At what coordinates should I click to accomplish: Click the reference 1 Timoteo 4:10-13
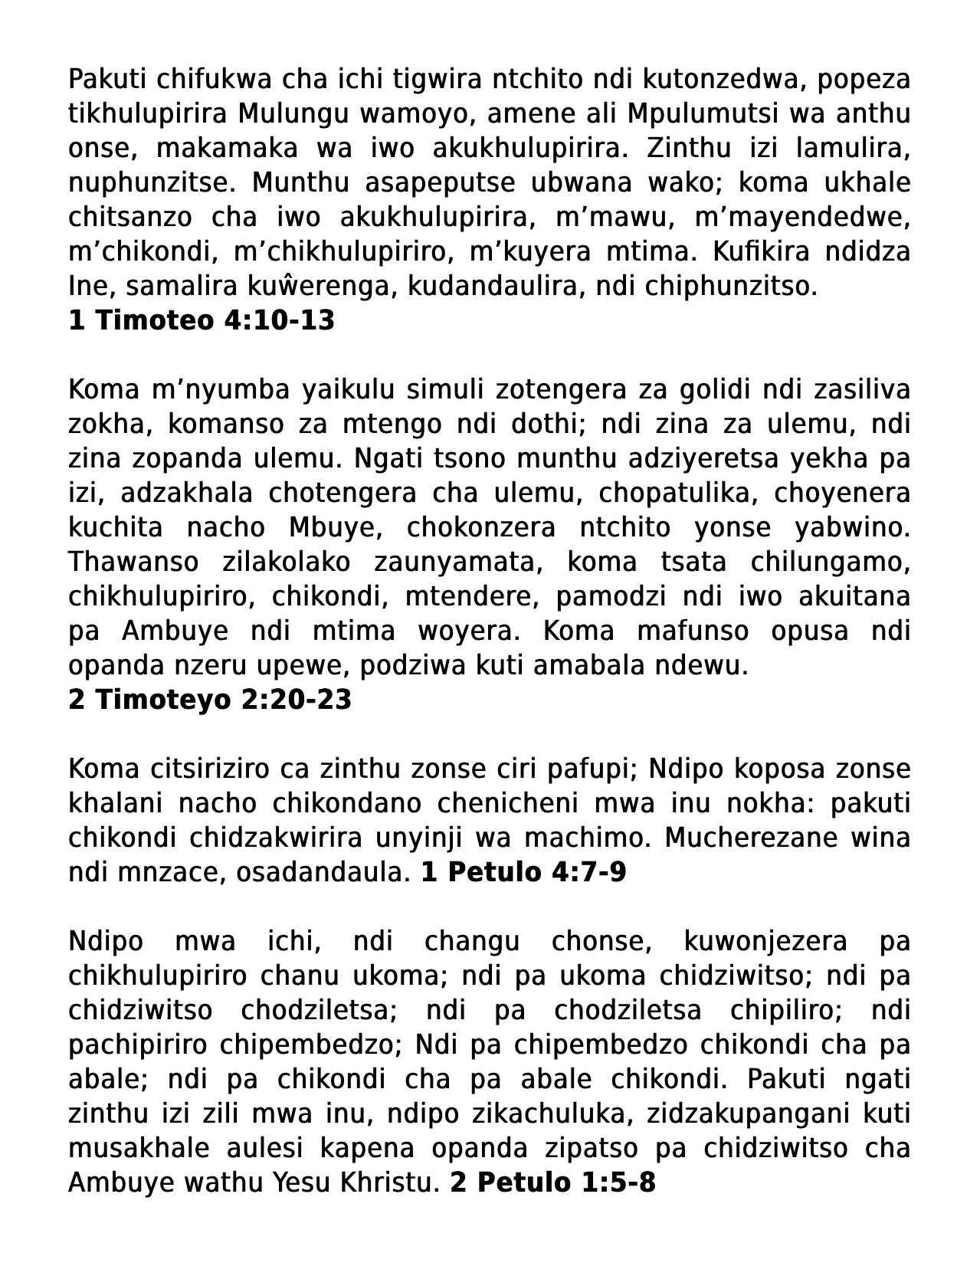tap(202, 320)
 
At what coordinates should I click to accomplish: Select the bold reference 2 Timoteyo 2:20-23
tap(210, 700)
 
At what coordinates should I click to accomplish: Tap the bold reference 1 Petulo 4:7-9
tap(523, 872)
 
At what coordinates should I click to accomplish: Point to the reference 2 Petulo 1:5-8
tap(552, 1182)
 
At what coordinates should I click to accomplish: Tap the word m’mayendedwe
tap(802, 218)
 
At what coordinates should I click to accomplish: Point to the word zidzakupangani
tap(754, 1113)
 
